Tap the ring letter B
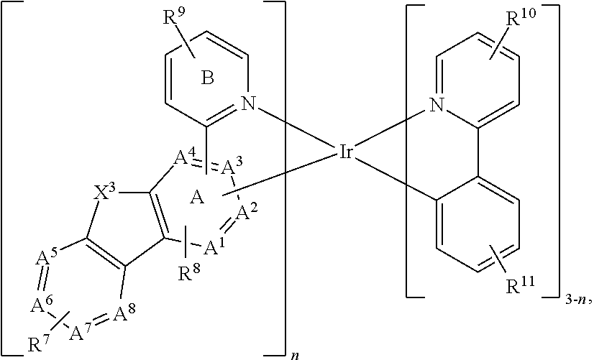[x=207, y=78]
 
